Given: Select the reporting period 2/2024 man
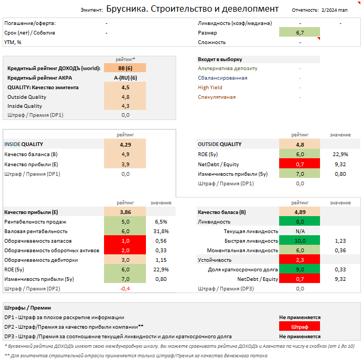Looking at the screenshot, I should coord(334,10).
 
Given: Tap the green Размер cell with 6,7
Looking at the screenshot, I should coord(300,33).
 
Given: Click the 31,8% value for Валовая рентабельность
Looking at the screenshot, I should coord(161,231).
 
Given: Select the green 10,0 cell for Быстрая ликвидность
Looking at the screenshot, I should coord(300,241).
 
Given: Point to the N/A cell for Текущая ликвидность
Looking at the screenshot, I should coord(300,231).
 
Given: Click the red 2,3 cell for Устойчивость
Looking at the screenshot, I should coord(300,260).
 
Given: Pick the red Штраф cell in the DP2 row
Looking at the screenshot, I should coord(300,327).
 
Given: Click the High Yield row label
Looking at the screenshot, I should coord(210,87).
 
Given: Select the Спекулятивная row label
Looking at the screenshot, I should coord(217,97).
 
